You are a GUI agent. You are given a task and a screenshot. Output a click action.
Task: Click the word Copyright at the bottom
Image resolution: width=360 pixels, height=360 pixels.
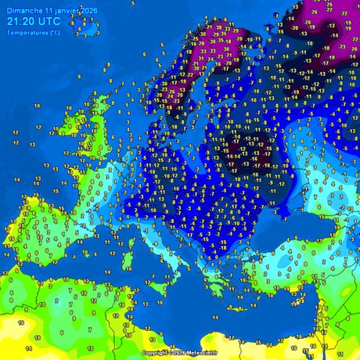tap(154, 353)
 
